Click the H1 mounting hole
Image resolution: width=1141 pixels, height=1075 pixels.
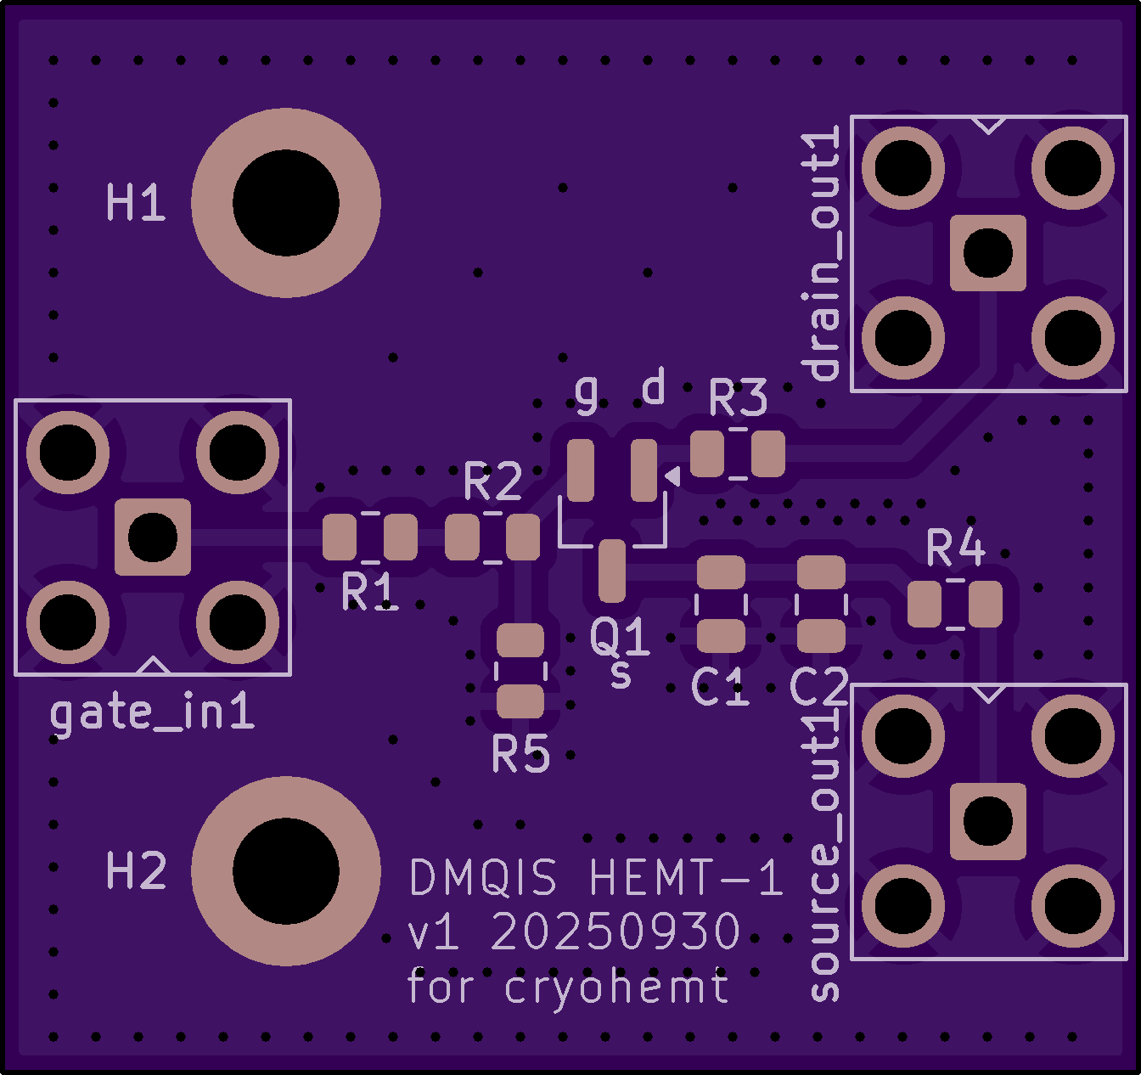click(286, 203)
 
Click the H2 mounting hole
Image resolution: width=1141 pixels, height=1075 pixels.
click(286, 870)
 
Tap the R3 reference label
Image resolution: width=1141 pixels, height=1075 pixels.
click(738, 398)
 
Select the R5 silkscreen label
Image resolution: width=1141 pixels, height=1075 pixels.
click(520, 753)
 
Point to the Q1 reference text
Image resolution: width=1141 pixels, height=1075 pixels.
click(620, 636)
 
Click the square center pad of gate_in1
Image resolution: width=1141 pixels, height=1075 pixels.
click(153, 537)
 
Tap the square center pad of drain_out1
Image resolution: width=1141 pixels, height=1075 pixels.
click(988, 253)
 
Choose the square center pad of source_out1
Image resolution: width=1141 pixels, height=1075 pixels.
click(988, 821)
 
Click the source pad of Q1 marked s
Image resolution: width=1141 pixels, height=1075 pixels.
click(611, 571)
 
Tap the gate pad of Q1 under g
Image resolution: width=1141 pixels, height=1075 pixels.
click(582, 470)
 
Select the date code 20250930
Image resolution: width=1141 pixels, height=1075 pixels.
click(615, 932)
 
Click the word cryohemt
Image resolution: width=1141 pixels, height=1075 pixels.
click(616, 987)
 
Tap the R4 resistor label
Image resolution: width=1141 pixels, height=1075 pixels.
click(955, 548)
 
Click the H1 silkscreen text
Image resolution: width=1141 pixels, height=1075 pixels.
click(136, 204)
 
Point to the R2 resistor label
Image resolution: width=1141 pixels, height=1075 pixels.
click(492, 482)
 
